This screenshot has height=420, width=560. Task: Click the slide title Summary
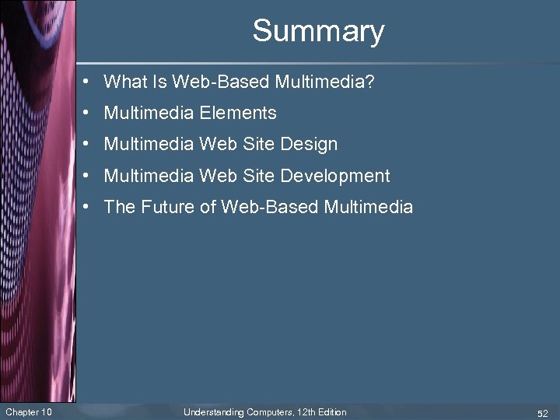tap(318, 31)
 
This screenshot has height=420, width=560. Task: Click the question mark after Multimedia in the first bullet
tap(369, 82)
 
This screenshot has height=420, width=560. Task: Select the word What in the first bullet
tap(121, 82)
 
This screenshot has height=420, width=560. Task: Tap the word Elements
tap(237, 113)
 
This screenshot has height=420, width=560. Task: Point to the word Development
tap(334, 176)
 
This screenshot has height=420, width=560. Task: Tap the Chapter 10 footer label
tap(29, 411)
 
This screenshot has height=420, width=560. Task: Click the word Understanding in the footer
tap(213, 411)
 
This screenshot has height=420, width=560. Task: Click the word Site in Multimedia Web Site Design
tap(258, 145)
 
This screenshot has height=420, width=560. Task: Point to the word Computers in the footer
tap(267, 411)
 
